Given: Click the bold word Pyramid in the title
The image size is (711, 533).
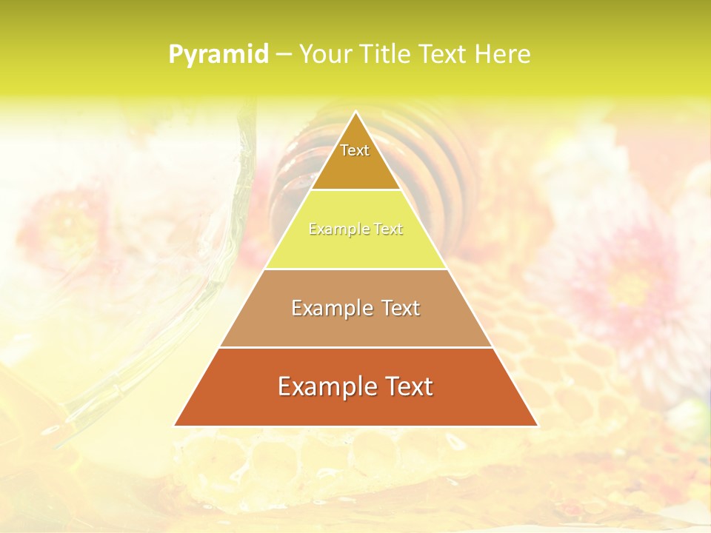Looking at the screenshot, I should pos(218,55).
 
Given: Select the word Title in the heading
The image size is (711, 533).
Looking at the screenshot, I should pos(387,55).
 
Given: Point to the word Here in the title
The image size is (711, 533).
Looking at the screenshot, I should pos(503,55).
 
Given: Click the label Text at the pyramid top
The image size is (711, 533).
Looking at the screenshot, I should pos(355,150).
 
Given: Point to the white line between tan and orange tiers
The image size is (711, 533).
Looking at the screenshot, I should pos(355,347).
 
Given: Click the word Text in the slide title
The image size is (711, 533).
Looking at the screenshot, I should pos(443,55).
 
